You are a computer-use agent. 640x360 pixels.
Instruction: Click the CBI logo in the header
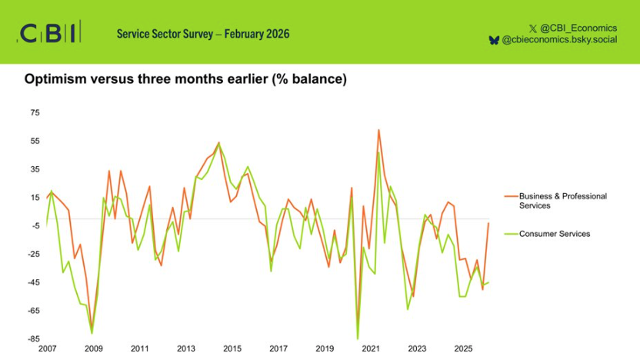[48, 33]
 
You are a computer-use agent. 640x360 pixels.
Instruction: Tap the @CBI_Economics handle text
[578, 27]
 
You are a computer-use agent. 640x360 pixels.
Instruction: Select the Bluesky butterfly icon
[494, 40]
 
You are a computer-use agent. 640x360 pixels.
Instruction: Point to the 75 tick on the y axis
[35, 113]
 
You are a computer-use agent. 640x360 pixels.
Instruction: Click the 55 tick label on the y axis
[35, 142]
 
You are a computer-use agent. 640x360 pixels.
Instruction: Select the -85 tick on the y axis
[33, 338]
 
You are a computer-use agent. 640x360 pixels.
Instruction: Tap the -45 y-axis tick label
[33, 282]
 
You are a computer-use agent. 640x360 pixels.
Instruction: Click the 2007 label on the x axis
[48, 348]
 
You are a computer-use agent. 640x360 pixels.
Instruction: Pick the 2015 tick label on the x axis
[232, 348]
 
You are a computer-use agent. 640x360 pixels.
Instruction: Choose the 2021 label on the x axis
[371, 348]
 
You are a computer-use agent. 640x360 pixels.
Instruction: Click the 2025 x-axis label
[463, 348]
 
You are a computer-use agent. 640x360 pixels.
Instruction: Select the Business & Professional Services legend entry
[562, 201]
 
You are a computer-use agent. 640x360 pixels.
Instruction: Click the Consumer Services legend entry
[554, 234]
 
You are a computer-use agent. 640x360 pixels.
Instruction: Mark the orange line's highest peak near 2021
[378, 130]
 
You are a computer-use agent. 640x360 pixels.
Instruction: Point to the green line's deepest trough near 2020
[358, 338]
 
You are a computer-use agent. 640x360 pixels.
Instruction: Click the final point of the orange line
[488, 223]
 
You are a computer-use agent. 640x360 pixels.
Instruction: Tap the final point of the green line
[488, 282]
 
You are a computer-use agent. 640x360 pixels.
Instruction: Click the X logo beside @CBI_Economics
[533, 27]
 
